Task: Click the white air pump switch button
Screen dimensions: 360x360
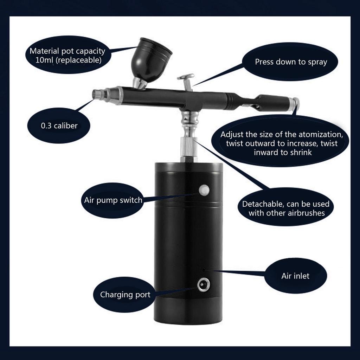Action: (x=204, y=190)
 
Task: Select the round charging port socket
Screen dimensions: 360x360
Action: (x=203, y=285)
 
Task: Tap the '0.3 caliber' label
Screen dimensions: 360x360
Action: (x=59, y=126)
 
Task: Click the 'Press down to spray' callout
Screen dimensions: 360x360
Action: (x=291, y=62)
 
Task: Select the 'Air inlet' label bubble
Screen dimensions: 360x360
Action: (x=295, y=276)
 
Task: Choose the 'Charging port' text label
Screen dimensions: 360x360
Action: (x=125, y=295)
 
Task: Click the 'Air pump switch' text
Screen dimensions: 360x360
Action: (x=113, y=200)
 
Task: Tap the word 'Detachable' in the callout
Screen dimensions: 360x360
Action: (x=262, y=204)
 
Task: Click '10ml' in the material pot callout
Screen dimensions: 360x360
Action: (x=44, y=60)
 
